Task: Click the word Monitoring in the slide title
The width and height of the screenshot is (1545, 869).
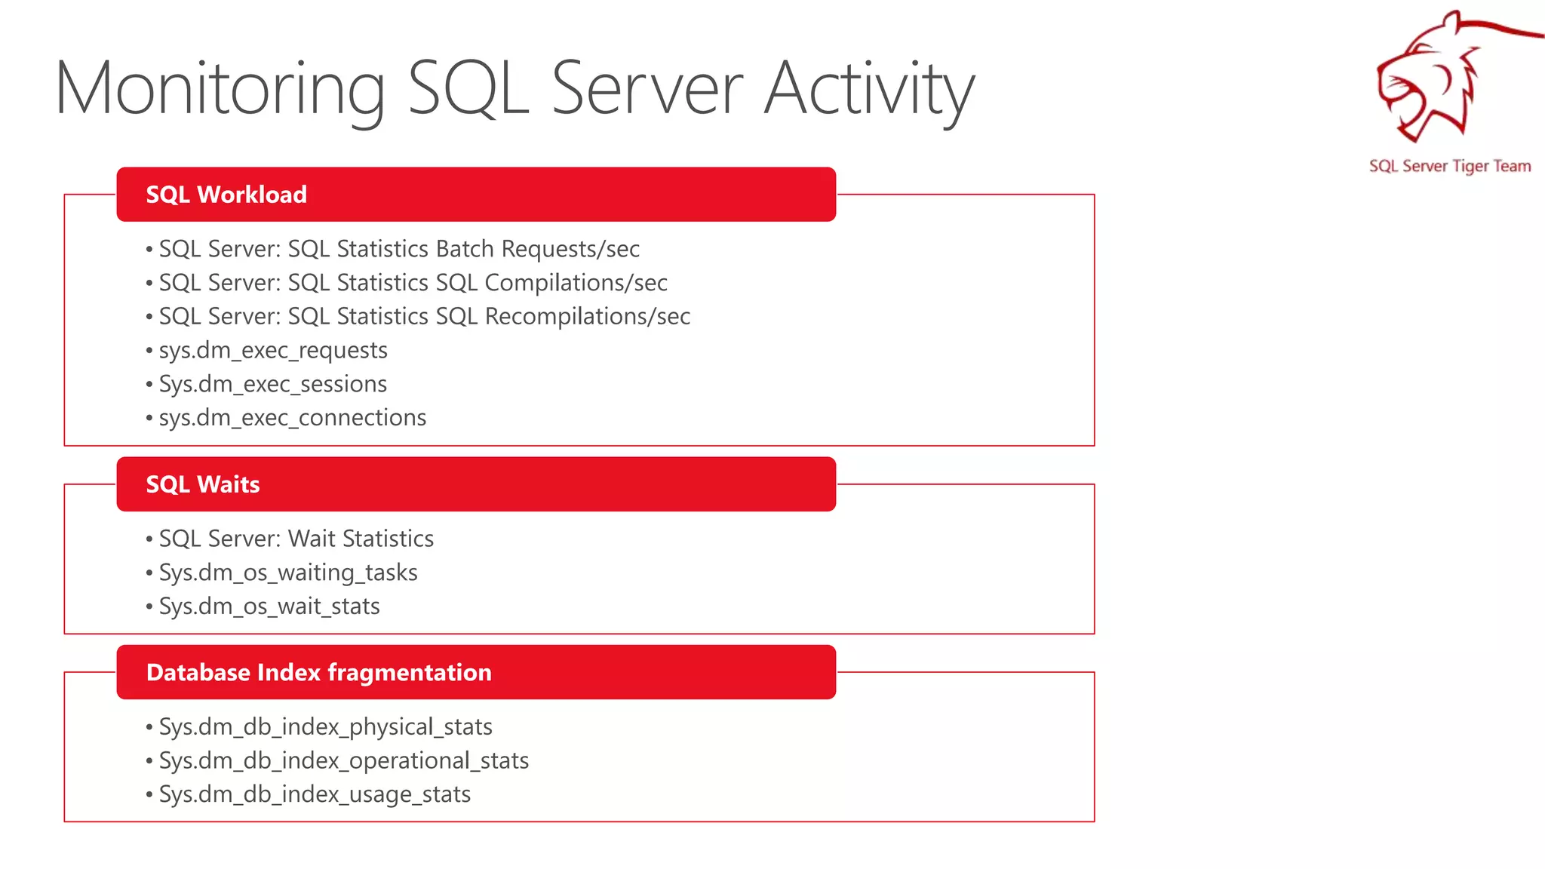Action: [x=220, y=89]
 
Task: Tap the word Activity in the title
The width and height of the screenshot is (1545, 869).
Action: [x=869, y=89]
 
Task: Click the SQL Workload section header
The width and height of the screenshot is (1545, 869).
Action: [x=226, y=195]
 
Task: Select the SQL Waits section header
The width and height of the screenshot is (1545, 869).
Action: [x=203, y=484]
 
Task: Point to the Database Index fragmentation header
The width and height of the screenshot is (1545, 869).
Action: [x=318, y=672]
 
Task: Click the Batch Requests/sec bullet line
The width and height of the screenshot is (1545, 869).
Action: [x=399, y=249]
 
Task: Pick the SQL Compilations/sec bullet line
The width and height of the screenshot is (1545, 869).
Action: [x=413, y=283]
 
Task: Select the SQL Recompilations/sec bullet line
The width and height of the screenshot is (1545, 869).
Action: [x=424, y=317]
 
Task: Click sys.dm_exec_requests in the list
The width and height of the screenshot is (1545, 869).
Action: [x=273, y=351]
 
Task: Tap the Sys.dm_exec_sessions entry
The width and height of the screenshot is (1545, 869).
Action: [x=272, y=384]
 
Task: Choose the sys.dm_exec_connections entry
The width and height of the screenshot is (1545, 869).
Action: [x=293, y=418]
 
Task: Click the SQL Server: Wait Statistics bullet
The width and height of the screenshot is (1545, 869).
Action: [x=296, y=539]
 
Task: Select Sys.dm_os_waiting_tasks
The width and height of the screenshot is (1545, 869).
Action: [x=287, y=573]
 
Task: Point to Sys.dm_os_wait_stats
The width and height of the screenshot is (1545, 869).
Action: [x=269, y=606]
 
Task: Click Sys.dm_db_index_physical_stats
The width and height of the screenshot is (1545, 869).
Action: [x=325, y=726]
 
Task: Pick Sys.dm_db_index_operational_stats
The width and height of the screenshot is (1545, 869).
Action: [x=343, y=760]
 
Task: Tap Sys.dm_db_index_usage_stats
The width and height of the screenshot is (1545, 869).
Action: [x=315, y=794]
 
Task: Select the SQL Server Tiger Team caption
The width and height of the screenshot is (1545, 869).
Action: [x=1449, y=166]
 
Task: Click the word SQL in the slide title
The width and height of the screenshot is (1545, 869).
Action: [x=468, y=89]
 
